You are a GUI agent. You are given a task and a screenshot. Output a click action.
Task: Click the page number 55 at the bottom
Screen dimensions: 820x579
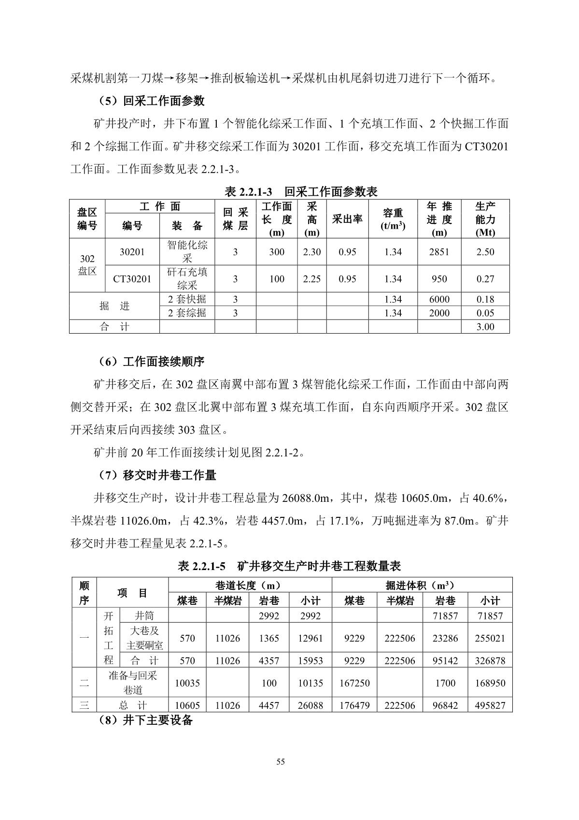(281, 762)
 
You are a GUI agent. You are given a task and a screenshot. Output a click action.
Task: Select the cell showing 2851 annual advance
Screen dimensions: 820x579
(439, 252)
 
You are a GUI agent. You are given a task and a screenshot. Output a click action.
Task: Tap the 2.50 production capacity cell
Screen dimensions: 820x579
(485, 252)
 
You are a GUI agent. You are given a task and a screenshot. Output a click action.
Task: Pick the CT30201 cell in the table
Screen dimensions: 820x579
(132, 279)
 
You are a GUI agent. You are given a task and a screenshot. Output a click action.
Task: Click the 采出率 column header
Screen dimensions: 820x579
(347, 219)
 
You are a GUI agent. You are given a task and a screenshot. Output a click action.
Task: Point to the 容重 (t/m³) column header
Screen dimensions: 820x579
(393, 219)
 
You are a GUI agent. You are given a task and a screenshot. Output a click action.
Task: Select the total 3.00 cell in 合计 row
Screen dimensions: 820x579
(485, 327)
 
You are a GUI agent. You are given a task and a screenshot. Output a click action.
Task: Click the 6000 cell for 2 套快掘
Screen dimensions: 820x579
(439, 299)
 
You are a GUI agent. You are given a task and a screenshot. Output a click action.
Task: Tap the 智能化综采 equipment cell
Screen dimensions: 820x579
(187, 251)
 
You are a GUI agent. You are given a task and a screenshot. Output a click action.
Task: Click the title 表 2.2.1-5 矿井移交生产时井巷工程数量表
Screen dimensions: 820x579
(289, 566)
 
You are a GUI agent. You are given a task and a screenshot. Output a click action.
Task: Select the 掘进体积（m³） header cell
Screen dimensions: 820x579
(422, 586)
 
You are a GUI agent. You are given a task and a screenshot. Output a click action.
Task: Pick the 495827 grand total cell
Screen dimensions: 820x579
(490, 705)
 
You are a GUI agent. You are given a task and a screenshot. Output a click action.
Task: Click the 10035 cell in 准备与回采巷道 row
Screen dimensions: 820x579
(187, 683)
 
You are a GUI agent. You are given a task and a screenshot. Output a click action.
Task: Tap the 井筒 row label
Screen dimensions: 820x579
(144, 616)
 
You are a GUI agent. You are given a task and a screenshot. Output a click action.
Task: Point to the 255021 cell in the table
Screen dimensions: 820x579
(490, 638)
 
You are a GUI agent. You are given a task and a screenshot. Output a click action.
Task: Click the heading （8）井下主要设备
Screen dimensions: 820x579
(143, 720)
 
